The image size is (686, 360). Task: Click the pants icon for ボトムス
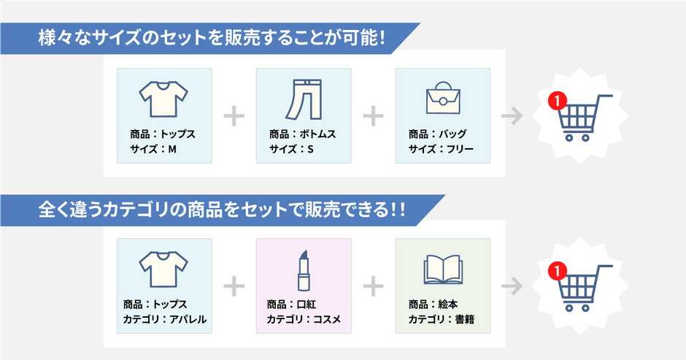304,99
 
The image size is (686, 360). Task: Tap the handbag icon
443,97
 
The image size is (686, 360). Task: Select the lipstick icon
304,270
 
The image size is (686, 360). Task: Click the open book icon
443,269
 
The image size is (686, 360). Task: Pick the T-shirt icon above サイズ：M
163,99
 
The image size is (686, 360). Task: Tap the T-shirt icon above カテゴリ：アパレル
163,269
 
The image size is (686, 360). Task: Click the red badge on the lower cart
558,271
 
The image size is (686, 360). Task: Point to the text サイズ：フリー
441,150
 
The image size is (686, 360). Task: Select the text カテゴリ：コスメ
304,319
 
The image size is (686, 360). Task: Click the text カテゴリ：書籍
441,319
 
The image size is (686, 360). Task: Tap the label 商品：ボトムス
302,134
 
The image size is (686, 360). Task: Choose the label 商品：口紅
291,305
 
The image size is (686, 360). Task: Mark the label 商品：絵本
433,305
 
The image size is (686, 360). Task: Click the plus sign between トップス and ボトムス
234,116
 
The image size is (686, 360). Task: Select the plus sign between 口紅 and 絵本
373,286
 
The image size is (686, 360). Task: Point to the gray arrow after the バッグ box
512,116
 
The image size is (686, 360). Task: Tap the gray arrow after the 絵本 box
512,286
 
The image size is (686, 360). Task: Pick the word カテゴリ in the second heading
135,210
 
